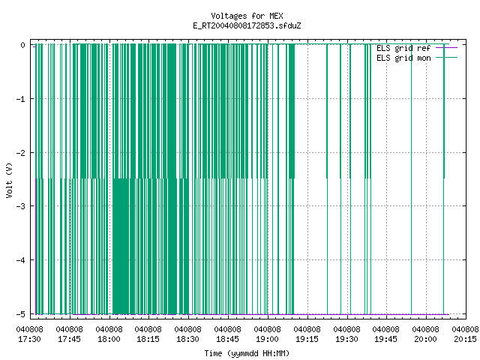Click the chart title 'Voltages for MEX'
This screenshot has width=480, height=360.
click(247, 16)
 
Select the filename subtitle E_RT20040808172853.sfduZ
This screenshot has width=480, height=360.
click(247, 25)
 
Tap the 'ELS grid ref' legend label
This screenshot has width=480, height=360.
click(403, 48)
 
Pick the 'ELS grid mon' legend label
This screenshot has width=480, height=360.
click(403, 58)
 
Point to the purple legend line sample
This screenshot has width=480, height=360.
click(447, 48)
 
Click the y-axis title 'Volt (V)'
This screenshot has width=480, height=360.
click(9, 180)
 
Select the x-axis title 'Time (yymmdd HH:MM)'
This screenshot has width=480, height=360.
click(247, 353)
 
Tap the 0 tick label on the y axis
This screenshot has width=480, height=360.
click(23, 45)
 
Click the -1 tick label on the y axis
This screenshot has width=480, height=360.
click(21, 99)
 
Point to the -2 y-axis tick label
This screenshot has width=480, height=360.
click(21, 153)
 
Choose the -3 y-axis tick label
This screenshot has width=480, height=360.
click(21, 206)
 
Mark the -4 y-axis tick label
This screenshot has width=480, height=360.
click(21, 260)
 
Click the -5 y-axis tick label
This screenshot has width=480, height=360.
click(21, 314)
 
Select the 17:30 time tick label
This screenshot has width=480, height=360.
click(30, 339)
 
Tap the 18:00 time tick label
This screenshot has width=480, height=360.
click(109, 339)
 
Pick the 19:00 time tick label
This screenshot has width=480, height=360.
click(268, 339)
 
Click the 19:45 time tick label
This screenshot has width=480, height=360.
click(386, 339)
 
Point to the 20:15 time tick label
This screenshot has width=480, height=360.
click(465, 339)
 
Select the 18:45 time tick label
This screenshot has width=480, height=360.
click(228, 339)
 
